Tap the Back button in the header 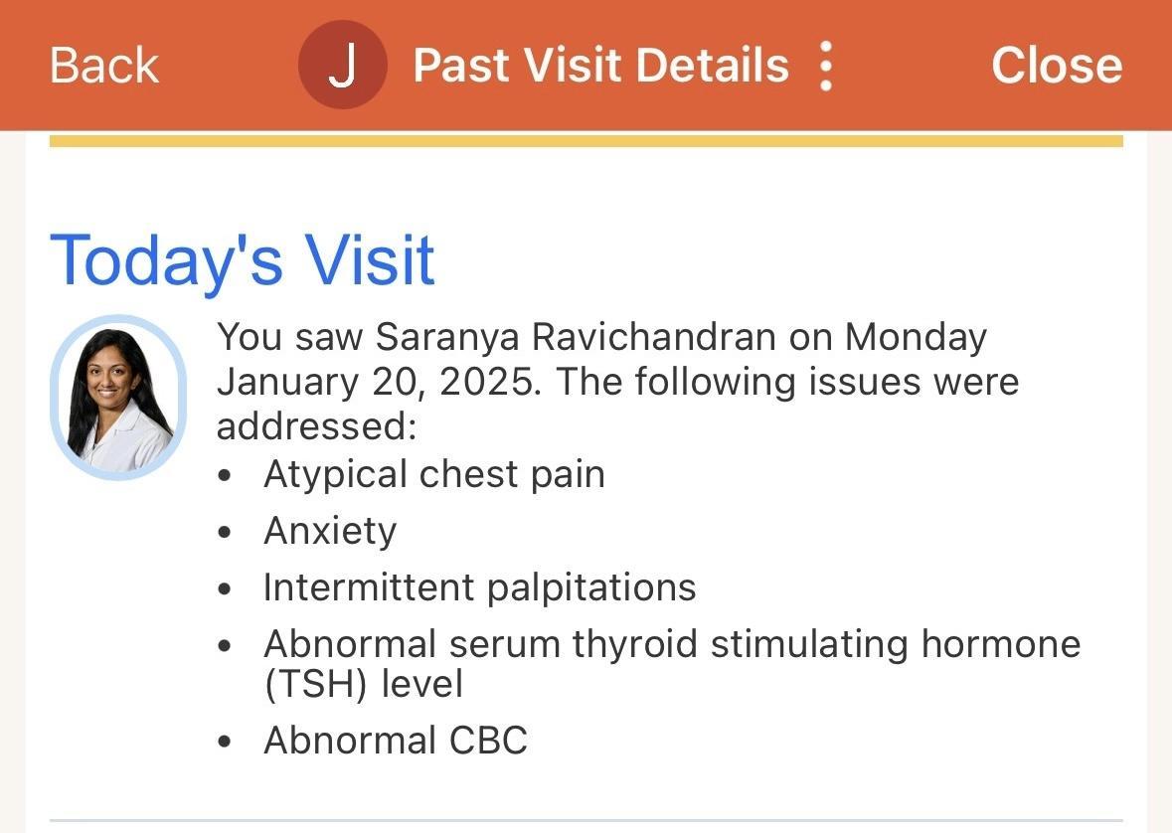click(x=104, y=65)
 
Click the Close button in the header click(x=1056, y=65)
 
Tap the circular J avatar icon click(x=342, y=65)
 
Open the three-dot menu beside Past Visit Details click(x=826, y=65)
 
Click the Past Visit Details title click(x=601, y=65)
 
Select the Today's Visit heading click(x=243, y=260)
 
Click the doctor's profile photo click(x=118, y=397)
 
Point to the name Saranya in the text click(x=446, y=337)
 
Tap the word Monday click(x=916, y=337)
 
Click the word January click(x=287, y=382)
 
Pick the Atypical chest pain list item click(x=434, y=475)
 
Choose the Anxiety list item click(x=330, y=532)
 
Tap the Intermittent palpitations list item click(x=480, y=587)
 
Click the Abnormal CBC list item click(x=397, y=741)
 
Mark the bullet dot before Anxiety click(x=225, y=533)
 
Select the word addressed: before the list click(x=316, y=427)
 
